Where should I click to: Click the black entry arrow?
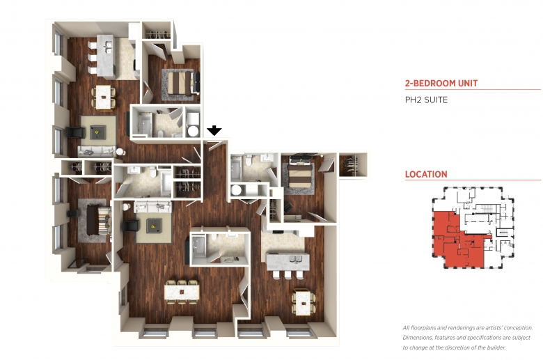click(x=214, y=130)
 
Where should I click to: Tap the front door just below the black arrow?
click(x=215, y=145)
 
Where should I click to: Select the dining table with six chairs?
click(x=182, y=292)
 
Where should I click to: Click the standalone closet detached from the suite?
click(x=353, y=165)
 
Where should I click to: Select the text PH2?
click(x=413, y=100)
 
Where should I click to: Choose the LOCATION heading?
click(x=426, y=174)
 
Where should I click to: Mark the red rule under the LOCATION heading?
click(x=473, y=180)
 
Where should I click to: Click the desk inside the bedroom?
click(x=292, y=218)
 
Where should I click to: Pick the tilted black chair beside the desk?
click(x=288, y=208)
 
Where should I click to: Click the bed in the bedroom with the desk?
click(x=301, y=172)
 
